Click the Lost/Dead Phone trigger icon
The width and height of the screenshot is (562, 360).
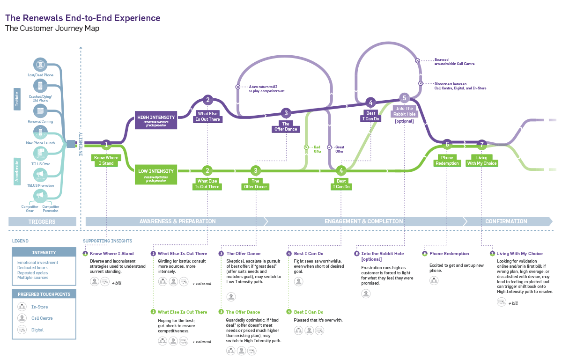pyautogui.click(x=41, y=65)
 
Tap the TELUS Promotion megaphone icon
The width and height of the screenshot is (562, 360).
pyautogui.click(x=41, y=175)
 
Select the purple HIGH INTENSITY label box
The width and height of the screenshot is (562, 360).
pyautogui.click(x=156, y=120)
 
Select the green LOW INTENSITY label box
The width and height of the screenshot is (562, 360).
pyautogui.click(x=156, y=174)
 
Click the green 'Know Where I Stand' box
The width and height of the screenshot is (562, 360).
pyautogui.click(x=106, y=160)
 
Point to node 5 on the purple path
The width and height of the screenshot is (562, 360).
pyautogui.click(x=404, y=98)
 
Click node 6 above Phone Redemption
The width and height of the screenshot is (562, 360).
pyautogui.click(x=447, y=144)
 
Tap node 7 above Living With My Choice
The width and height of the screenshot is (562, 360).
pyautogui.click(x=481, y=144)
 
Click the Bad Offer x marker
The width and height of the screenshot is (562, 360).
pyautogui.click(x=306, y=147)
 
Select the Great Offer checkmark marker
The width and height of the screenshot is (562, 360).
pyautogui.click(x=330, y=147)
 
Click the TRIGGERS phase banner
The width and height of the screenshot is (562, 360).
pyautogui.click(x=42, y=221)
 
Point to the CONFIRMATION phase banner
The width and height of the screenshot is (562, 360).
pyautogui.click(x=506, y=221)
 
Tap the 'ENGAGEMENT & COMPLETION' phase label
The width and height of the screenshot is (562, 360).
pyautogui.click(x=363, y=221)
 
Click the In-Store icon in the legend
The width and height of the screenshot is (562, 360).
pyautogui.click(x=22, y=307)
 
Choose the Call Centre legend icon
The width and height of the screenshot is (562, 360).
pyautogui.click(x=22, y=318)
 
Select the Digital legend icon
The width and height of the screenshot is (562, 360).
pyautogui.click(x=22, y=330)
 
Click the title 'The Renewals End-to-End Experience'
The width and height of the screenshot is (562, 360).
pyautogui.click(x=83, y=18)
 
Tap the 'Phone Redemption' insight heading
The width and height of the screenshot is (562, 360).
pyautogui.click(x=449, y=254)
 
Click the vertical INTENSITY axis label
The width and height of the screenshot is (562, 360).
pyautogui.click(x=81, y=144)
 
